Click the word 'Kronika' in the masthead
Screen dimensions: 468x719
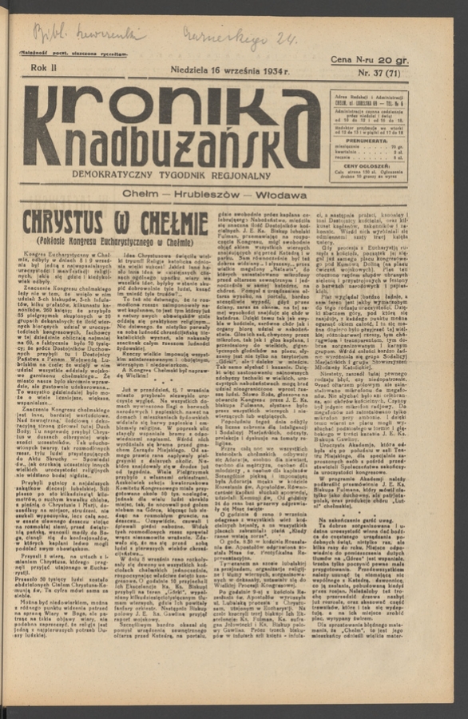tap(172, 109)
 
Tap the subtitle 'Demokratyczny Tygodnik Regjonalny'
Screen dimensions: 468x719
tap(172, 173)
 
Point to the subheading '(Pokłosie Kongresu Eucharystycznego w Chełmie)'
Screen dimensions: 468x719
tap(117, 240)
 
